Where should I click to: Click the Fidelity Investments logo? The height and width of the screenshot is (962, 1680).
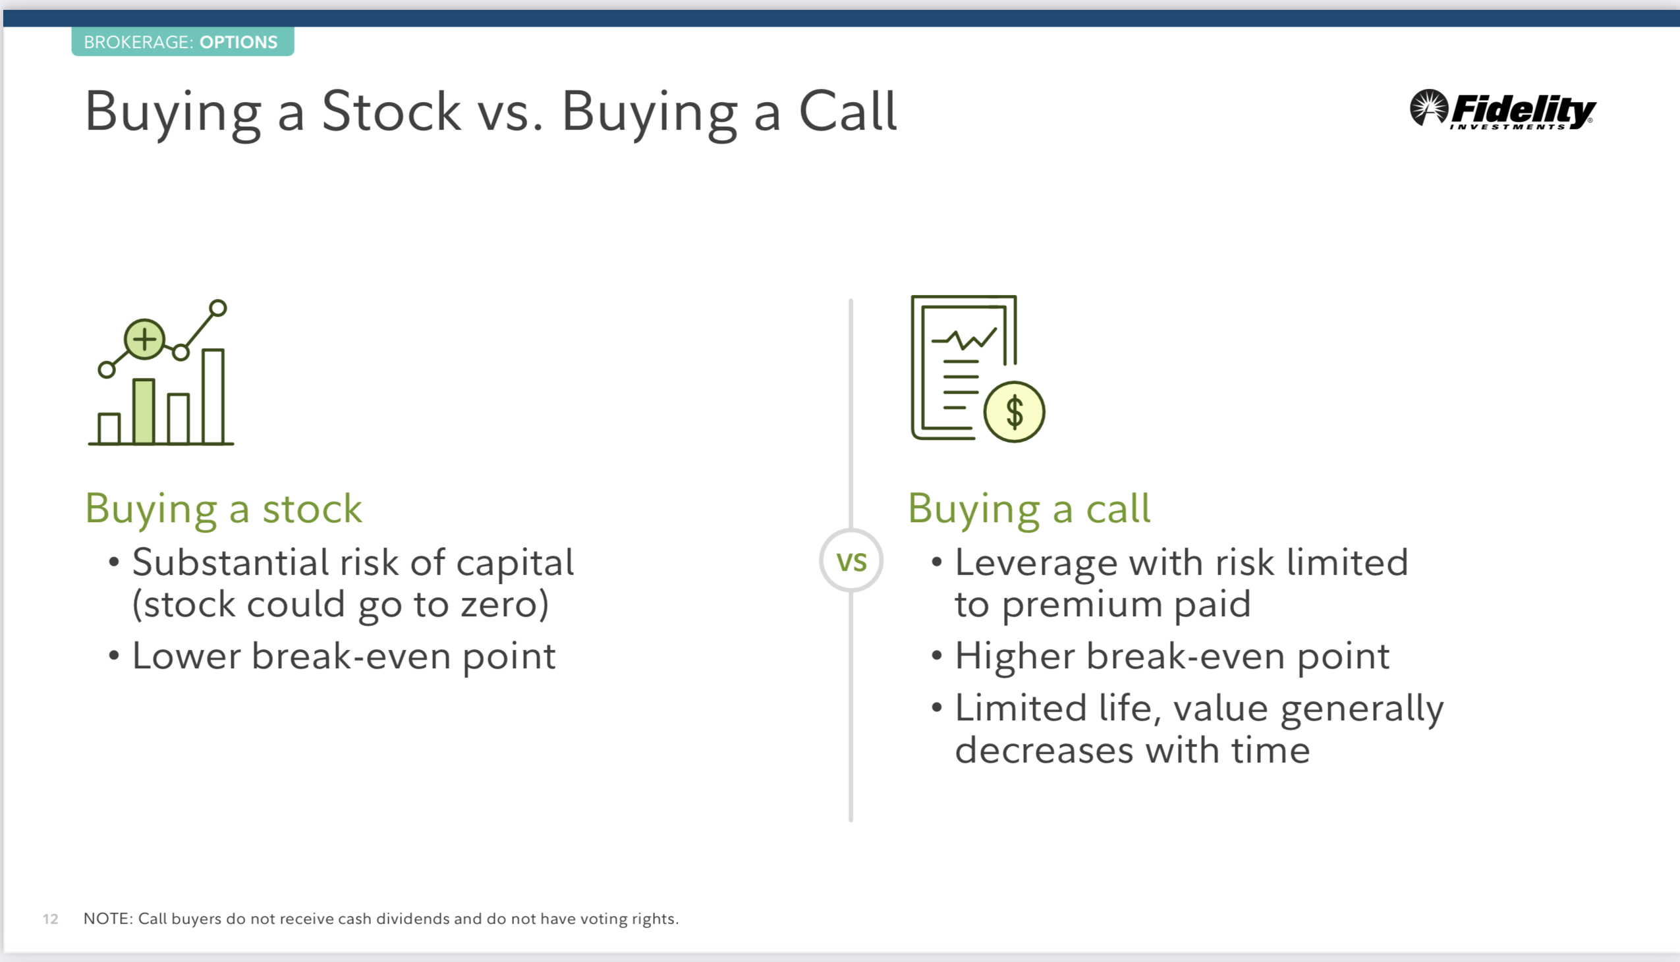tap(1502, 110)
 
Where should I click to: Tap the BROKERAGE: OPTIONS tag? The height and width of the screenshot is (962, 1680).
tap(182, 41)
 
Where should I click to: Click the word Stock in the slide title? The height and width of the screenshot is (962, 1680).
tap(391, 112)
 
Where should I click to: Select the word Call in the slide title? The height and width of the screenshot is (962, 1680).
tap(848, 111)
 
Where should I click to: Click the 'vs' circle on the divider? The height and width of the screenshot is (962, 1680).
tap(851, 560)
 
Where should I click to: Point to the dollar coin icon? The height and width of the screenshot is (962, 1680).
tap(1014, 412)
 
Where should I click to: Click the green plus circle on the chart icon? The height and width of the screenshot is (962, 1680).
tap(144, 340)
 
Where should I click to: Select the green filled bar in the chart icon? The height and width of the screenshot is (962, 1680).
tap(144, 412)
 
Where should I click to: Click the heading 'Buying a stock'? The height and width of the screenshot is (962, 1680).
tap(223, 510)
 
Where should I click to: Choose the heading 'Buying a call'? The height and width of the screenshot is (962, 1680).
tap(1029, 510)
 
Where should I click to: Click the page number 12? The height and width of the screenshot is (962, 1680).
tap(50, 919)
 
